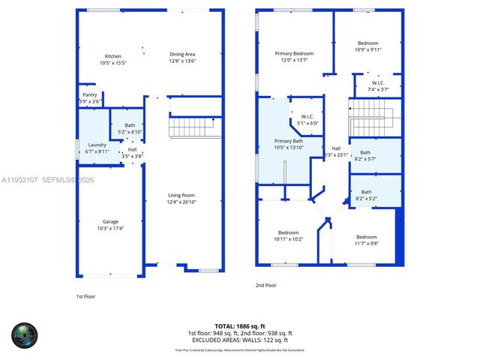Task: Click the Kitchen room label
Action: point(113,56)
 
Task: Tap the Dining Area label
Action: point(182,54)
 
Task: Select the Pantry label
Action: point(89,95)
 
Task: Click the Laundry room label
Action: point(97,145)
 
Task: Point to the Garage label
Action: point(110,222)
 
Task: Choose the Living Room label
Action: point(182,196)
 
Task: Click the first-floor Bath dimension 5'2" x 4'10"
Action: point(130,132)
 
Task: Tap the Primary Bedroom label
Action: point(294,53)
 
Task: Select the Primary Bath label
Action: point(288,141)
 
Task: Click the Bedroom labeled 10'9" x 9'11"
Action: point(367,43)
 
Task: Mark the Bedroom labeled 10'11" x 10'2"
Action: point(289,232)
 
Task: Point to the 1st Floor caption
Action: point(86,296)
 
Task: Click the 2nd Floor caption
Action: point(266,285)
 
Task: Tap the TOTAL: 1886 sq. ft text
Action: point(240,326)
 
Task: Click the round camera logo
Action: point(24,334)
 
